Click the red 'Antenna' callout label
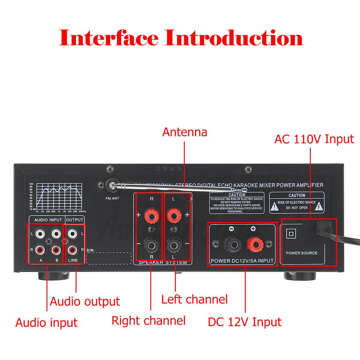(x=184, y=132)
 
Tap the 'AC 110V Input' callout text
(x=314, y=139)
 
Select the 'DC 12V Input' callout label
(x=244, y=322)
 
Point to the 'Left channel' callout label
(x=194, y=299)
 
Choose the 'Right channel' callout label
(x=148, y=321)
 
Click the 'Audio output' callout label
(x=85, y=301)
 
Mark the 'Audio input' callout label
(x=46, y=323)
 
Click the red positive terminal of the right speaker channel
(x=151, y=215)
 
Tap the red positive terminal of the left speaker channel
(x=174, y=215)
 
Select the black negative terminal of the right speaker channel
(x=151, y=245)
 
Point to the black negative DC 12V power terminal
(x=232, y=244)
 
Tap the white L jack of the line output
(x=72, y=233)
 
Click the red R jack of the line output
(x=72, y=249)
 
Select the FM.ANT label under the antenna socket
(x=112, y=198)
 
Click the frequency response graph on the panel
(x=59, y=196)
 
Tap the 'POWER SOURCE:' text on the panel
(x=302, y=253)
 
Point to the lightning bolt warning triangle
(x=319, y=206)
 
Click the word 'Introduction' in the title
(x=234, y=38)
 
